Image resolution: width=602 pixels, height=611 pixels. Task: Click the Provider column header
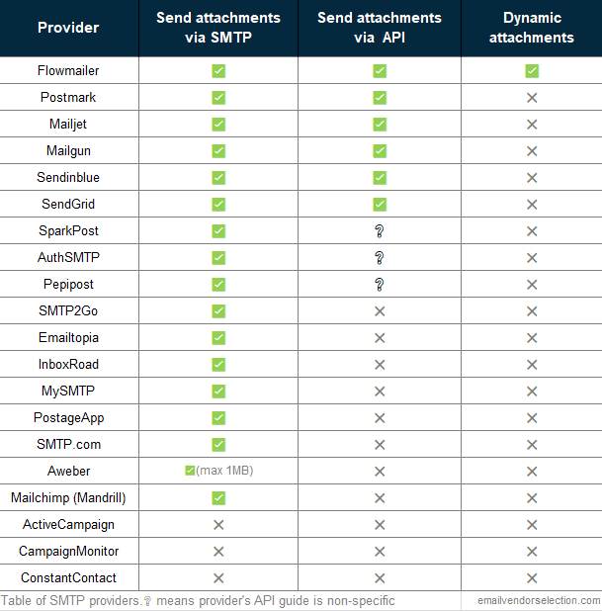coord(68,28)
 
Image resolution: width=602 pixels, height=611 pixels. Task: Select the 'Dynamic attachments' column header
coord(531,28)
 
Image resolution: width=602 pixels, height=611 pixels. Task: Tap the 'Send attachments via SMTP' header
coord(218,28)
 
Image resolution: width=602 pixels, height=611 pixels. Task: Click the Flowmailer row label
coord(68,71)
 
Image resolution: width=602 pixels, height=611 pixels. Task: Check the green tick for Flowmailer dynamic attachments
coord(532,71)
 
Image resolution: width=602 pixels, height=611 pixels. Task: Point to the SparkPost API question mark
coord(380,231)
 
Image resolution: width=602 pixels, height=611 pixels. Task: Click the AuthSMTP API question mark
coord(380,258)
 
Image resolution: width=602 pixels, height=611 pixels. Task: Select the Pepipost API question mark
coord(380,285)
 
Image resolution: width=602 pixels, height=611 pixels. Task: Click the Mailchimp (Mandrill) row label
coord(68,497)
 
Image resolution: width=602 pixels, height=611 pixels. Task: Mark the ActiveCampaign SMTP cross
coord(218,524)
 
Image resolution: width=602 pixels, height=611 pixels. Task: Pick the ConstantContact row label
coord(68,577)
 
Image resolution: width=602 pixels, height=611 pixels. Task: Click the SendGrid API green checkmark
coord(380,205)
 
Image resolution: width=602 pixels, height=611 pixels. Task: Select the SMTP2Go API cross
coord(380,311)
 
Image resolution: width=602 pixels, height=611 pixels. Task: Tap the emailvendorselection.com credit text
coord(538,600)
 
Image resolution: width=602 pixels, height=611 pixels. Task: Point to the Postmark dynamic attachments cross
coord(532,98)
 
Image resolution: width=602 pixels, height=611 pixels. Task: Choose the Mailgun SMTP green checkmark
coord(218,151)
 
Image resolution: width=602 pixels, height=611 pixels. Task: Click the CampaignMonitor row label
coord(68,551)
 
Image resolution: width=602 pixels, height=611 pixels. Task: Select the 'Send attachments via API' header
coord(380,28)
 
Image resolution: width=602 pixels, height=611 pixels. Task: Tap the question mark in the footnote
coord(147,600)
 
